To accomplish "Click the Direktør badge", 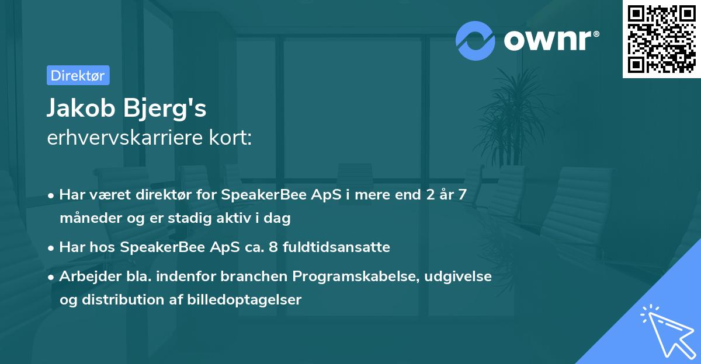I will click(78, 75).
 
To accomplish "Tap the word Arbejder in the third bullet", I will click(85, 276).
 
